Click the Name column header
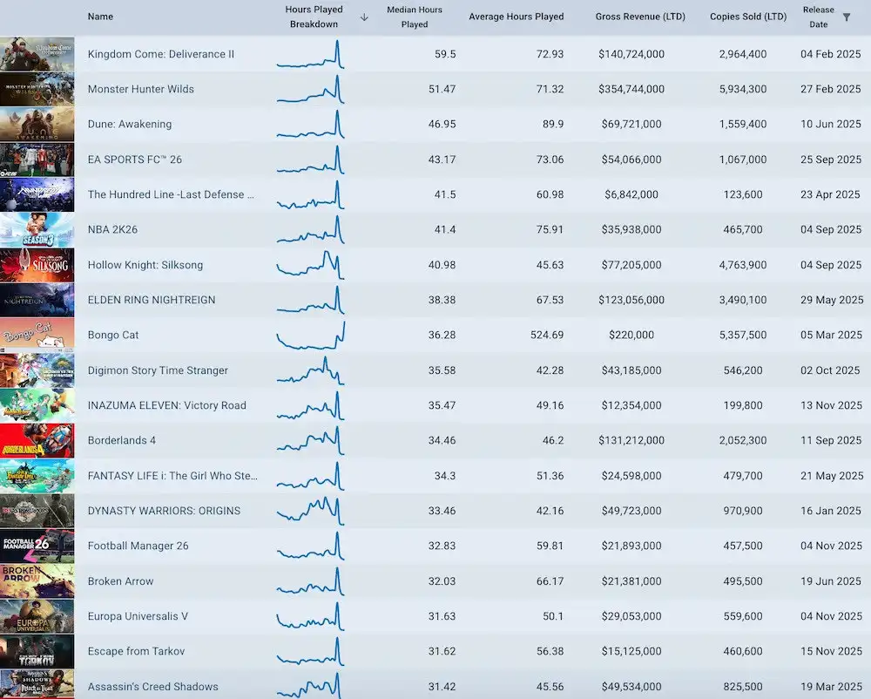[100, 17]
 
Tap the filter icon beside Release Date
[846, 17]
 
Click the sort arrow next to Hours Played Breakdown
[364, 17]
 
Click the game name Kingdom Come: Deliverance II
[160, 54]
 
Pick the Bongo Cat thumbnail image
[37, 335]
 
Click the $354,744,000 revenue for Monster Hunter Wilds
[632, 89]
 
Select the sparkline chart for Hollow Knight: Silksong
[311, 264]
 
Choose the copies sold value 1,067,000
[743, 159]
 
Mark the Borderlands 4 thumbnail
[37, 440]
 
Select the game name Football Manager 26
[138, 546]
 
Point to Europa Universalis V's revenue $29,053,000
[632, 616]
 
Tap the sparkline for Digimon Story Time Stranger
[311, 370]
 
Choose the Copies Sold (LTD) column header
[748, 17]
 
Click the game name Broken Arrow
[120, 581]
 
